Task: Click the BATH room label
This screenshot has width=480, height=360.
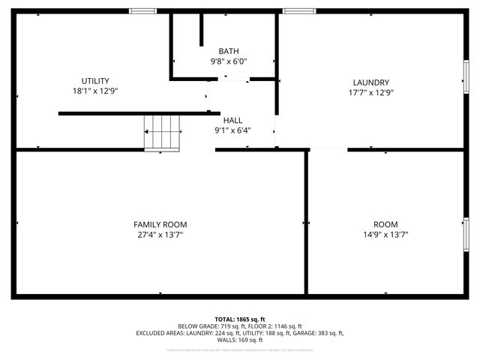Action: click(229, 51)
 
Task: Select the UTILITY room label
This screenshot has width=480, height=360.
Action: click(95, 81)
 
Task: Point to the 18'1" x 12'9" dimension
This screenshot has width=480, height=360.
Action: click(95, 91)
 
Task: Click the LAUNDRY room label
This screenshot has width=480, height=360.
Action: click(370, 82)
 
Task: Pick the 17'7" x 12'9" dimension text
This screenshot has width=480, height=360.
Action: click(370, 93)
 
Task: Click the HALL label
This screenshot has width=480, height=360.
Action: click(232, 120)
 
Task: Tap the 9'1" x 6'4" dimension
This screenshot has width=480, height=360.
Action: click(232, 130)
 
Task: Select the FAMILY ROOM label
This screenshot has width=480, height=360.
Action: click(160, 224)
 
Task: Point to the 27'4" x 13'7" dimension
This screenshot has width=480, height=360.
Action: click(160, 235)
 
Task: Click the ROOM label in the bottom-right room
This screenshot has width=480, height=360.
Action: click(385, 224)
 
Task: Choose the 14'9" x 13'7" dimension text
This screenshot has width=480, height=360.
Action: click(385, 235)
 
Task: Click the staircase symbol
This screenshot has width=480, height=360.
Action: click(163, 132)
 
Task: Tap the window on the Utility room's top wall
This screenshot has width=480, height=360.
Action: click(142, 11)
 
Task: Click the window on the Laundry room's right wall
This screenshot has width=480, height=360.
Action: click(466, 77)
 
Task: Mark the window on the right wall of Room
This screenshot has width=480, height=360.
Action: click(466, 233)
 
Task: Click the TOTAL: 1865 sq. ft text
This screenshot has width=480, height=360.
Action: click(240, 319)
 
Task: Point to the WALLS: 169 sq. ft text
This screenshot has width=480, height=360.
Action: click(240, 340)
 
